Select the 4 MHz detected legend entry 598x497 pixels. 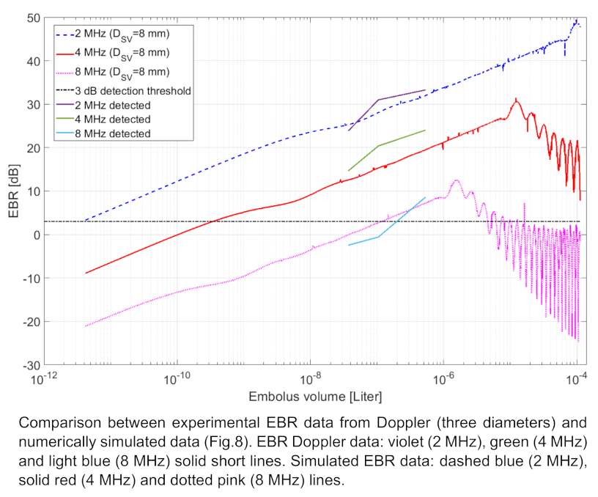pos(114,119)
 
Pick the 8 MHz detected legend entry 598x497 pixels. pos(114,133)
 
